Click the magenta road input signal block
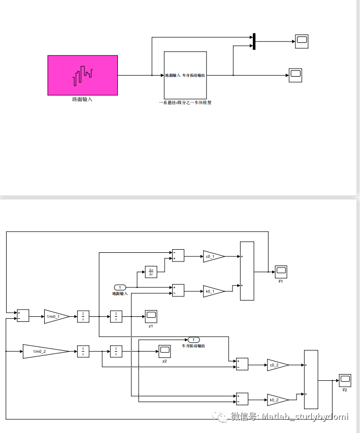click(x=83, y=75)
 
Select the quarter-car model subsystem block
click(x=185, y=75)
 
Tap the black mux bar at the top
click(x=254, y=42)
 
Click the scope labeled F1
click(x=281, y=271)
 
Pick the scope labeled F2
click(x=345, y=380)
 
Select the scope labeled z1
click(x=151, y=316)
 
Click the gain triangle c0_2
click(x=277, y=365)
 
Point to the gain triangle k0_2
click(x=277, y=400)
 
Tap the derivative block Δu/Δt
click(x=151, y=272)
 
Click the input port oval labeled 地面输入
click(x=120, y=287)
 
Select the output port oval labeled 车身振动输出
click(x=193, y=339)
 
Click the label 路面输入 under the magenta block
click(x=82, y=99)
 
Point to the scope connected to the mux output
click(x=302, y=42)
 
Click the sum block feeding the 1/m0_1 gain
click(x=23, y=316)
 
